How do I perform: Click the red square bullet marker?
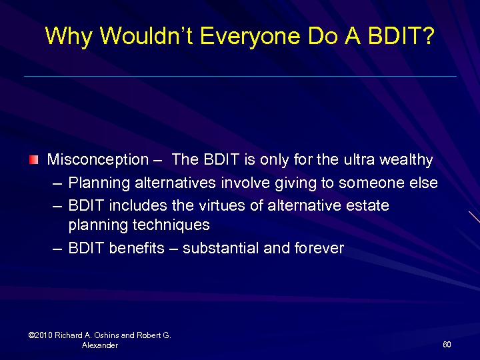[x=34, y=160]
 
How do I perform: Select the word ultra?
[x=359, y=160]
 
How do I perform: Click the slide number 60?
[x=447, y=345]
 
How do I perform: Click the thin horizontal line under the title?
[x=240, y=76]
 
